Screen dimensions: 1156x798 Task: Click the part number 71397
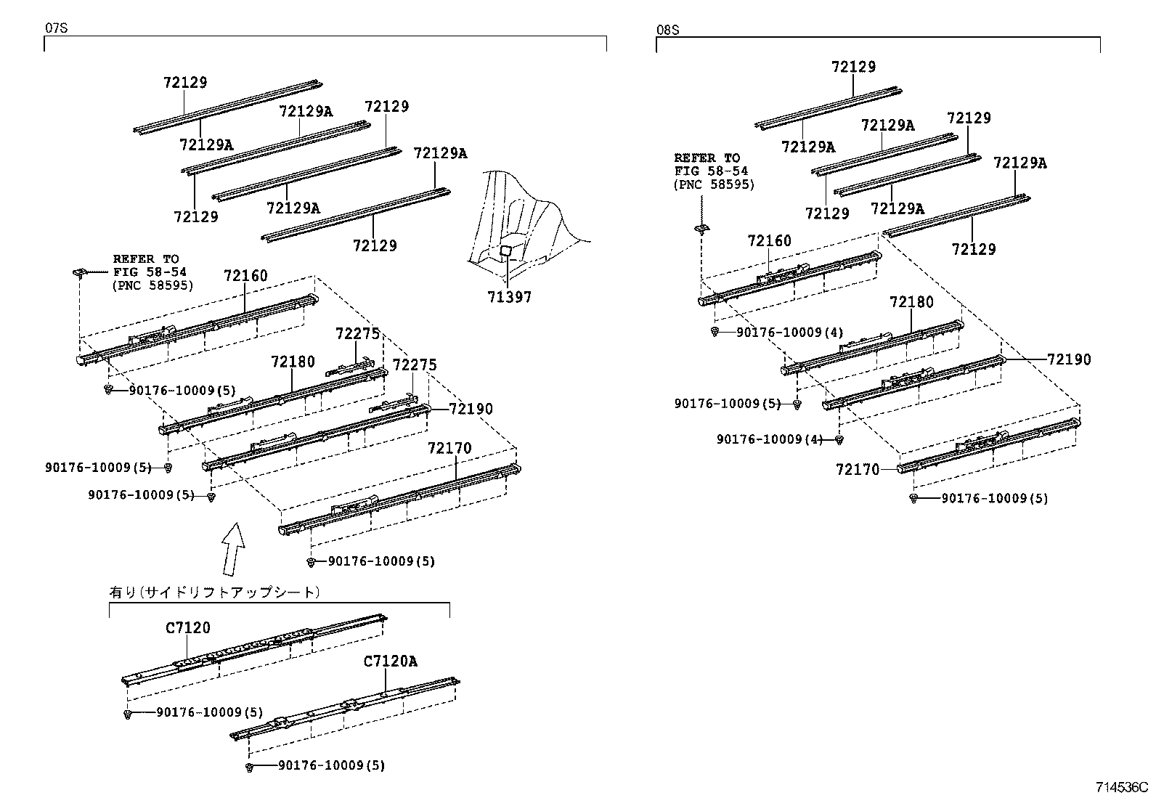pos(509,297)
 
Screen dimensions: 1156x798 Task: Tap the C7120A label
pos(390,661)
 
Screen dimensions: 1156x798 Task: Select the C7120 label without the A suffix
pos(188,627)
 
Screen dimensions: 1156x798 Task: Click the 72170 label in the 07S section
pos(449,448)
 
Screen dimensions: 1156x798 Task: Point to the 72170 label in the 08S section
pos(858,470)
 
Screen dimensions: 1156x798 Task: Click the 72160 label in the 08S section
pos(770,240)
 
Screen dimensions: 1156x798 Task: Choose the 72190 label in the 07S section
pos(471,409)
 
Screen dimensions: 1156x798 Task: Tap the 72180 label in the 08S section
pos(911,302)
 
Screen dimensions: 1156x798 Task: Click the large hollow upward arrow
pos(234,549)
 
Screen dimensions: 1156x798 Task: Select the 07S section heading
pos(56,28)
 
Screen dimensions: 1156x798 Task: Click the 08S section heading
pos(668,30)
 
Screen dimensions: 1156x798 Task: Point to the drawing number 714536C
pos(1122,787)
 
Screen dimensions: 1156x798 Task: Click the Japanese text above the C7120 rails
pos(215,592)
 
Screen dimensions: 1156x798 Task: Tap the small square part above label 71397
pos(505,251)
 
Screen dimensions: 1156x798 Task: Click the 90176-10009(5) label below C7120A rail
pos(332,765)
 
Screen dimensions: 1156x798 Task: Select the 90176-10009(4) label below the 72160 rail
pos(789,333)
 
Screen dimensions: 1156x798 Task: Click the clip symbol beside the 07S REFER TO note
pos(81,272)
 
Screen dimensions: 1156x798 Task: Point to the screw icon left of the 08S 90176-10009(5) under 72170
pos(913,499)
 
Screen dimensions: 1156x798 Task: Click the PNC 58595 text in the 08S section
pos(715,184)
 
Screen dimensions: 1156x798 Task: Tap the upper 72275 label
pos(358,334)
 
